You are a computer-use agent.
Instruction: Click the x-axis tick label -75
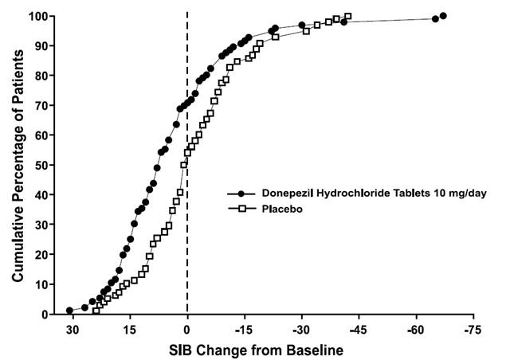click(473, 329)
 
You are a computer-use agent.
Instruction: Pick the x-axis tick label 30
click(73, 329)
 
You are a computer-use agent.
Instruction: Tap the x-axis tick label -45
click(359, 329)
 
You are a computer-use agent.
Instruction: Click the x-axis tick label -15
click(244, 329)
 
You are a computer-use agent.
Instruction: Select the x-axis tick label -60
click(416, 329)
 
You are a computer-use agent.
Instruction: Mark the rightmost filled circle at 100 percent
click(443, 16)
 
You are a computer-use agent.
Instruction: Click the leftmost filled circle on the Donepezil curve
click(69, 311)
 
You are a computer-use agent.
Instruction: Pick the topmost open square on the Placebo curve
click(348, 16)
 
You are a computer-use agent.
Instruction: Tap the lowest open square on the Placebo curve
click(96, 310)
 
